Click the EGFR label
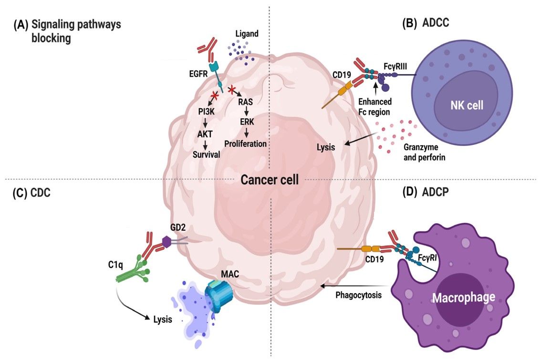point(196,74)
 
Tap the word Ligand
point(248,34)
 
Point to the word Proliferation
point(245,143)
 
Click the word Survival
point(206,154)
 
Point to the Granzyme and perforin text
point(424,152)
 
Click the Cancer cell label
point(270,180)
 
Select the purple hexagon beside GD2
point(166,242)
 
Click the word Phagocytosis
point(358,295)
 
